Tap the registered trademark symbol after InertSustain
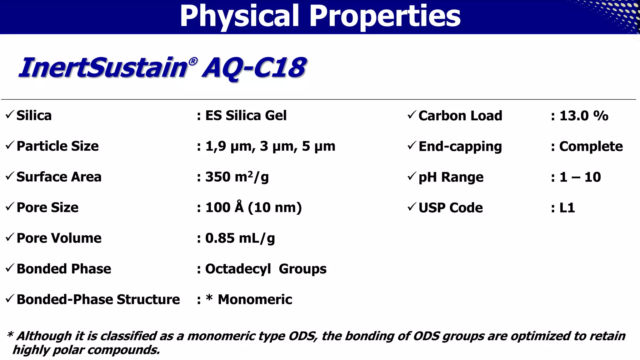tap(193, 61)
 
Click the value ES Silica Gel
tap(246, 116)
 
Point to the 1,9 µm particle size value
tap(229, 146)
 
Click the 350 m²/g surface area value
tap(237, 177)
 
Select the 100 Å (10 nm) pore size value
tap(253, 207)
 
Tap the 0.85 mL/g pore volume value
tap(240, 238)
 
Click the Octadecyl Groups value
tap(266, 269)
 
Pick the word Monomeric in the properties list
tap(255, 299)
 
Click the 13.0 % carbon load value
tap(584, 116)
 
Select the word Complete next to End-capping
tap(591, 146)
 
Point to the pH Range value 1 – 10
tap(580, 177)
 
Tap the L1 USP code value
tap(567, 208)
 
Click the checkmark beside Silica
tap(10, 115)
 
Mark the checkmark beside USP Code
tap(412, 207)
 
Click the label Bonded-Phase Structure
tap(98, 299)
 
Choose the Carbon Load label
tap(460, 116)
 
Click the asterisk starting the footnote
tap(10, 335)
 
